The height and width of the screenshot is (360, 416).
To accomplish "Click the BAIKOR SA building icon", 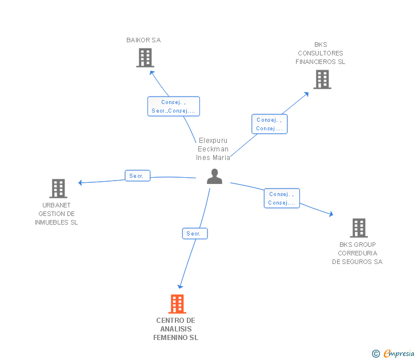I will tap(145, 58).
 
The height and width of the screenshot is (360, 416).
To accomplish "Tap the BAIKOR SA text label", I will tap(143, 40).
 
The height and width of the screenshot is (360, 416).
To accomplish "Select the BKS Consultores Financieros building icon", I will tap(322, 79).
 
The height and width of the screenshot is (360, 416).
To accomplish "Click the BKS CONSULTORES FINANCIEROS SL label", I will tap(320, 53).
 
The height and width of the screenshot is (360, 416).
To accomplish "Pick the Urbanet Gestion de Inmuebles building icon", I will tap(58, 188).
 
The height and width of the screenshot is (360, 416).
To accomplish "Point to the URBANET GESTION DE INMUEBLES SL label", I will tap(56, 214).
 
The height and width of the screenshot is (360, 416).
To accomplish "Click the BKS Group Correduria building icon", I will tap(358, 228).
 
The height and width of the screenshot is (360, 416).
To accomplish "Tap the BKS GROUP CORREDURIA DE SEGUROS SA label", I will tap(357, 253).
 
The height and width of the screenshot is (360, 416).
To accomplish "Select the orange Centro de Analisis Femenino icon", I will tap(177, 304).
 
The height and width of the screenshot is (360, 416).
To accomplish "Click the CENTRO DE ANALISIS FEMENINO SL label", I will tap(175, 329).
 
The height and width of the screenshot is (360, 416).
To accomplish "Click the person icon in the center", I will tap(214, 177).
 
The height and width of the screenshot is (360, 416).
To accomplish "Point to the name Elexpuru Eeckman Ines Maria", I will tap(213, 149).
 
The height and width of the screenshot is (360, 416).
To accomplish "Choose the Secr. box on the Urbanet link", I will tap(137, 176).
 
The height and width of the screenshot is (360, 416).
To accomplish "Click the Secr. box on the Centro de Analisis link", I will tap(195, 233).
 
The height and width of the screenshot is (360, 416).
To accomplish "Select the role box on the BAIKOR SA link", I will tap(173, 106).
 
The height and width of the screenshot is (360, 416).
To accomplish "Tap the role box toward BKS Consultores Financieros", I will tap(269, 124).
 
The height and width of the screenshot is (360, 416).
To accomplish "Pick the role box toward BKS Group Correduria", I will tap(282, 198).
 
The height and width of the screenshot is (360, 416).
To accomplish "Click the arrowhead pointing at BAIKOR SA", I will tap(152, 72).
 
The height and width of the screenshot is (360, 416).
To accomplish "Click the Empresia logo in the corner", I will tap(394, 354).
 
